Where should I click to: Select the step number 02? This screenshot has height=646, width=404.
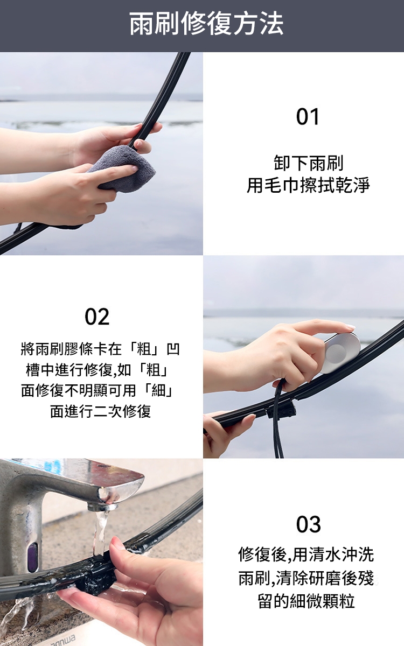tap(97, 317)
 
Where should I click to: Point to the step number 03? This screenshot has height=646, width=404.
tap(308, 524)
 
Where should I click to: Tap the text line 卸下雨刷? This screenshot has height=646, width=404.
tap(308, 163)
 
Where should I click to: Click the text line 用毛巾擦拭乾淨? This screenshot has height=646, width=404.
tap(308, 185)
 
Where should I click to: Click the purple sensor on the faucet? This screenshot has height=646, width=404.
tap(32, 554)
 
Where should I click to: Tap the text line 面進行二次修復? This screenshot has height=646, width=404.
tap(100, 411)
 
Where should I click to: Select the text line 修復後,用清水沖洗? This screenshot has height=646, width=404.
tap(306, 554)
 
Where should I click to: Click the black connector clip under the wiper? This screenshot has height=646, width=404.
tap(281, 408)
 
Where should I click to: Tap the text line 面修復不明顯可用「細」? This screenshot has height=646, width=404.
tap(97, 390)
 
